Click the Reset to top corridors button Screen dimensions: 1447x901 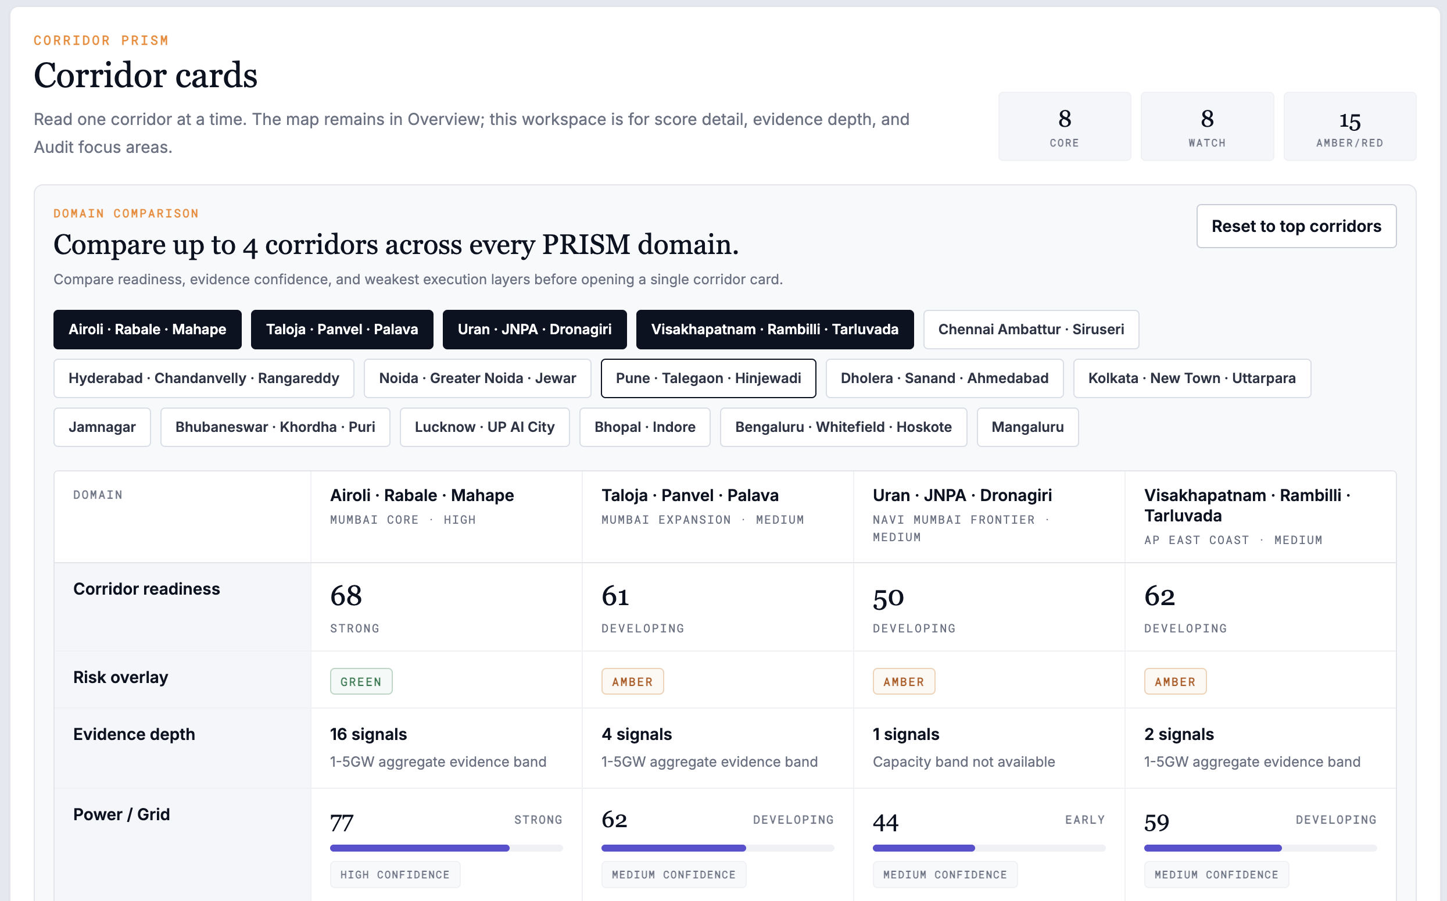pyautogui.click(x=1296, y=227)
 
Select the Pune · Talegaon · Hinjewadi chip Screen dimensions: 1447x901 pyautogui.click(x=708, y=378)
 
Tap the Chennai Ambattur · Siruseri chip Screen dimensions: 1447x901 pyautogui.click(x=1031, y=330)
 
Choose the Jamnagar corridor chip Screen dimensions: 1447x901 pyautogui.click(x=102, y=427)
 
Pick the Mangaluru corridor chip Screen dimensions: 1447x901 pyautogui.click(x=1027, y=427)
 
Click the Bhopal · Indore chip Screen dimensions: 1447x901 pyautogui.click(x=645, y=427)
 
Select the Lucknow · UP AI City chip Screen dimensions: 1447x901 pyautogui.click(x=485, y=427)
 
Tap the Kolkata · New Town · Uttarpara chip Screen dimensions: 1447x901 pyautogui.click(x=1192, y=378)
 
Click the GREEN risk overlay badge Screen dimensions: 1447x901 pyautogui.click(x=361, y=682)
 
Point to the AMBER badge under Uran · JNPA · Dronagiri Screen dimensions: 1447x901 pyautogui.click(x=904, y=682)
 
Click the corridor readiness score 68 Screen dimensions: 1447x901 pyautogui.click(x=346, y=596)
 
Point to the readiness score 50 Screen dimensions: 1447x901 pyautogui.click(x=888, y=598)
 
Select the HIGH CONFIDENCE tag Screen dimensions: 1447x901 pyautogui.click(x=395, y=875)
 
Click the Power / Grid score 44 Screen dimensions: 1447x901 pyautogui.click(x=886, y=823)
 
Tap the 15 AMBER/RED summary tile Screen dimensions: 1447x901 pyautogui.click(x=1350, y=126)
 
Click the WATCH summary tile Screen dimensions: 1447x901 pyautogui.click(x=1207, y=126)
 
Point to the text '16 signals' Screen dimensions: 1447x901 pyautogui.click(x=369, y=734)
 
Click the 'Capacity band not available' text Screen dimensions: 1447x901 pyautogui.click(x=964, y=761)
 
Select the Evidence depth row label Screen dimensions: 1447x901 pyautogui.click(x=134, y=734)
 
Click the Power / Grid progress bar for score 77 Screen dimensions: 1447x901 pyautogui.click(x=446, y=848)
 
